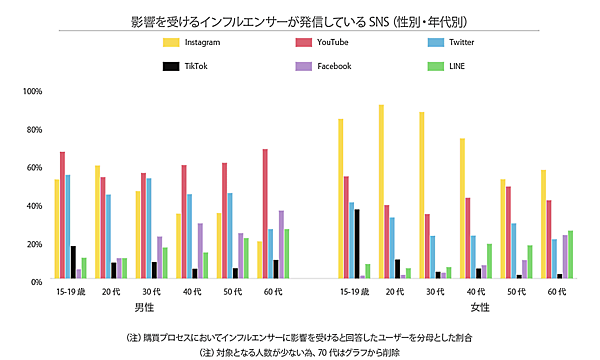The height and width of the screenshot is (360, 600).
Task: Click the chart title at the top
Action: (x=299, y=21)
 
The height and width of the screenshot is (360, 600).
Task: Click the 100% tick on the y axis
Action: (x=32, y=92)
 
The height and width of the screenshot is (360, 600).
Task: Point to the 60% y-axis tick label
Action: (x=33, y=168)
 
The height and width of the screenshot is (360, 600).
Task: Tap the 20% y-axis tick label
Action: (x=33, y=244)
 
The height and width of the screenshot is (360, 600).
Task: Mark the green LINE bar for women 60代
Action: (x=571, y=256)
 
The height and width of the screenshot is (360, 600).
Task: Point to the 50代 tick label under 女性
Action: (x=517, y=291)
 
